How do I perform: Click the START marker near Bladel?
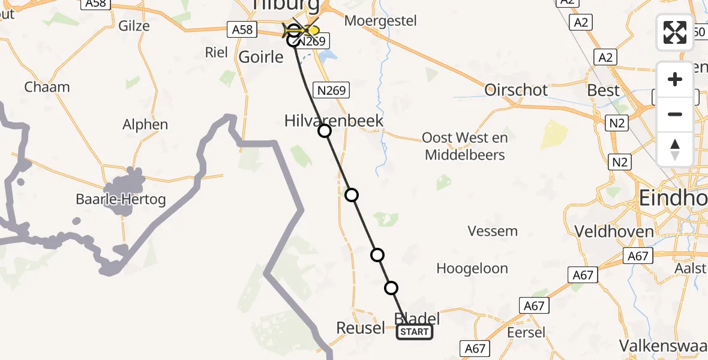[x=414, y=332]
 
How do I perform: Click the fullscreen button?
[x=675, y=32]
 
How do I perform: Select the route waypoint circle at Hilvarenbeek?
[x=325, y=131]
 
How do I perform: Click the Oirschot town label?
[x=516, y=90]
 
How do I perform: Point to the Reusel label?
[x=361, y=328]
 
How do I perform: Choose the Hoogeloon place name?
[x=472, y=268]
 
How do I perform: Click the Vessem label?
[x=493, y=231]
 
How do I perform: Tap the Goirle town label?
[x=261, y=57]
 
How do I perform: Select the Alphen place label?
[x=145, y=125]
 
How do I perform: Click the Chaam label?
[x=47, y=87]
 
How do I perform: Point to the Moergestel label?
[x=380, y=21]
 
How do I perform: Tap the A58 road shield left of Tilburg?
[x=242, y=29]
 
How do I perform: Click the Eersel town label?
[x=526, y=332]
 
